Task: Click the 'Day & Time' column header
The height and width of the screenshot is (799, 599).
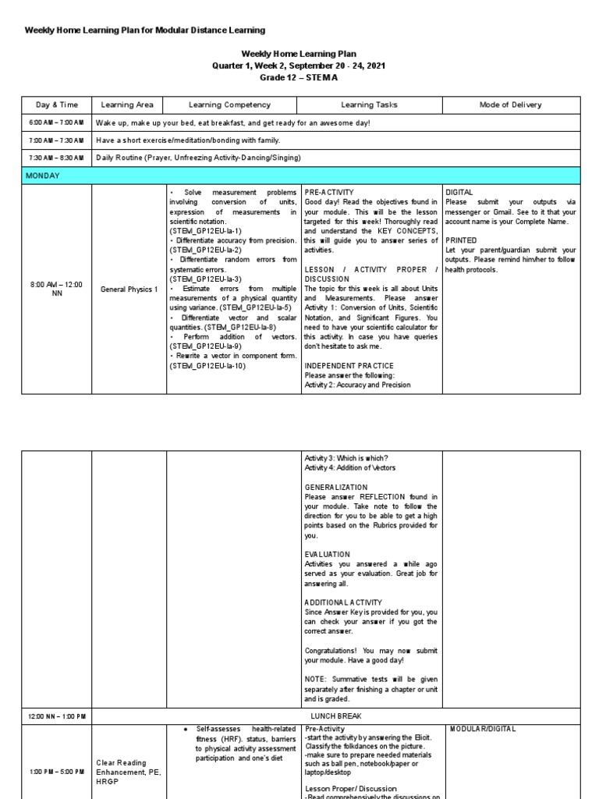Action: pos(54,105)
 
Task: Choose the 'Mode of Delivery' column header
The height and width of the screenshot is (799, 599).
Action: pos(511,105)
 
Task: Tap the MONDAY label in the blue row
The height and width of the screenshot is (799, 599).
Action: pos(44,176)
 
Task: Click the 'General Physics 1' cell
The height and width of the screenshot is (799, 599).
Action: pos(129,289)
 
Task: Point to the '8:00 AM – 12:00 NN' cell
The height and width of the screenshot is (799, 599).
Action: pos(55,289)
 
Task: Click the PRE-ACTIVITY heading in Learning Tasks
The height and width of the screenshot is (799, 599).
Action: pos(329,191)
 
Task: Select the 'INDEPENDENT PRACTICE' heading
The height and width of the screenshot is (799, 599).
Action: pos(349,365)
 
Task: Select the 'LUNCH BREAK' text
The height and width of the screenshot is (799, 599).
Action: pos(335,716)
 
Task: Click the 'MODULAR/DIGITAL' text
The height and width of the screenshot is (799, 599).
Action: pos(483,729)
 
